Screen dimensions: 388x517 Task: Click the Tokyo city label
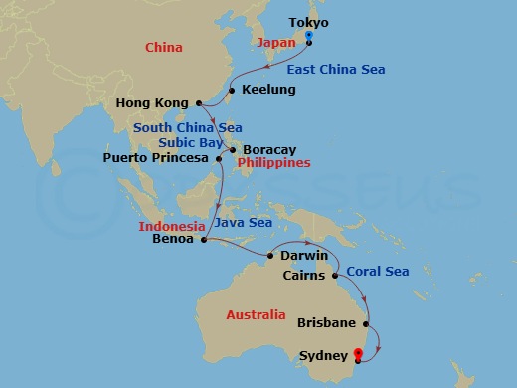point(307,23)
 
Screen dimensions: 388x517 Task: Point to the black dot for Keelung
point(232,91)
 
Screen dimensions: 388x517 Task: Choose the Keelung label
point(268,91)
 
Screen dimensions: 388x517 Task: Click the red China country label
point(163,47)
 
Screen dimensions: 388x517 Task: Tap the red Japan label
point(277,44)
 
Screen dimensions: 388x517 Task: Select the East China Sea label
point(335,69)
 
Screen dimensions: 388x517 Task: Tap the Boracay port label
point(268,150)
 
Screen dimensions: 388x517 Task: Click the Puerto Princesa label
point(156,157)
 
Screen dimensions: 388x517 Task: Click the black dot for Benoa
point(203,239)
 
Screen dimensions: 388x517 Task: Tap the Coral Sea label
point(377,271)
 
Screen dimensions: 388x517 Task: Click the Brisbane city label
point(327,322)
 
